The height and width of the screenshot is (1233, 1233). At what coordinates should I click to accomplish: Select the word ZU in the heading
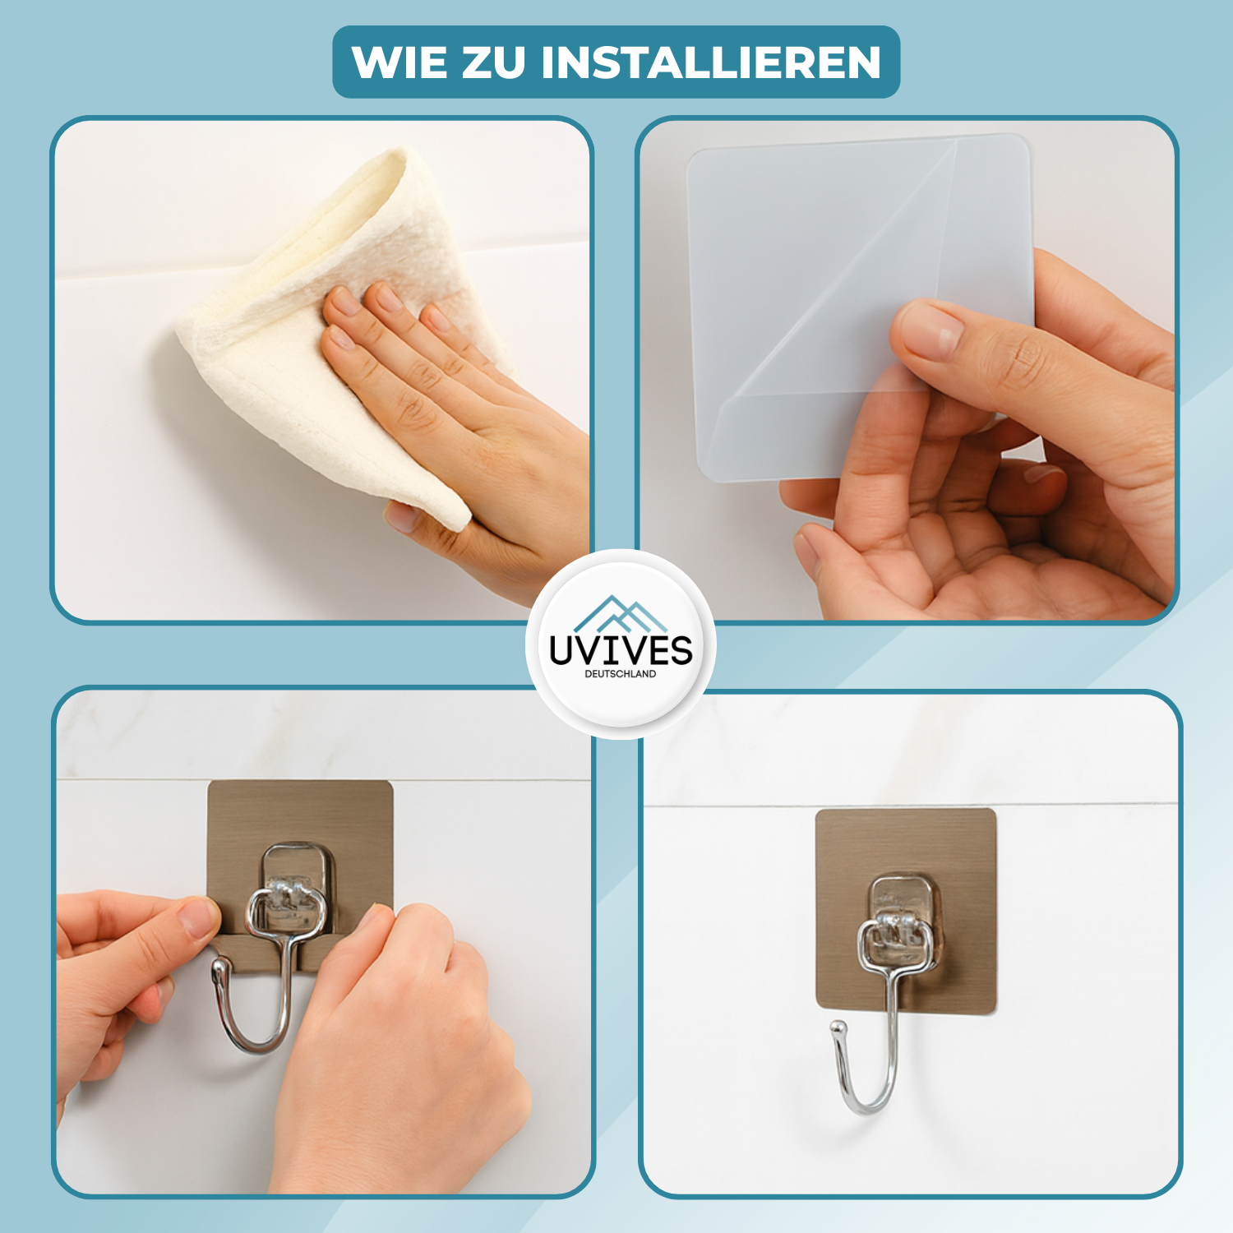point(494,62)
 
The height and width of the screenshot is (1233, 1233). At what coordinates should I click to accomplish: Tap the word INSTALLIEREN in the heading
point(711,62)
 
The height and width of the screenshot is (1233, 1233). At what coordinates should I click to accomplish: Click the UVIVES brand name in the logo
point(621,650)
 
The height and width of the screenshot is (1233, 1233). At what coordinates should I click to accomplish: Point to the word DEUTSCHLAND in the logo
point(621,674)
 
